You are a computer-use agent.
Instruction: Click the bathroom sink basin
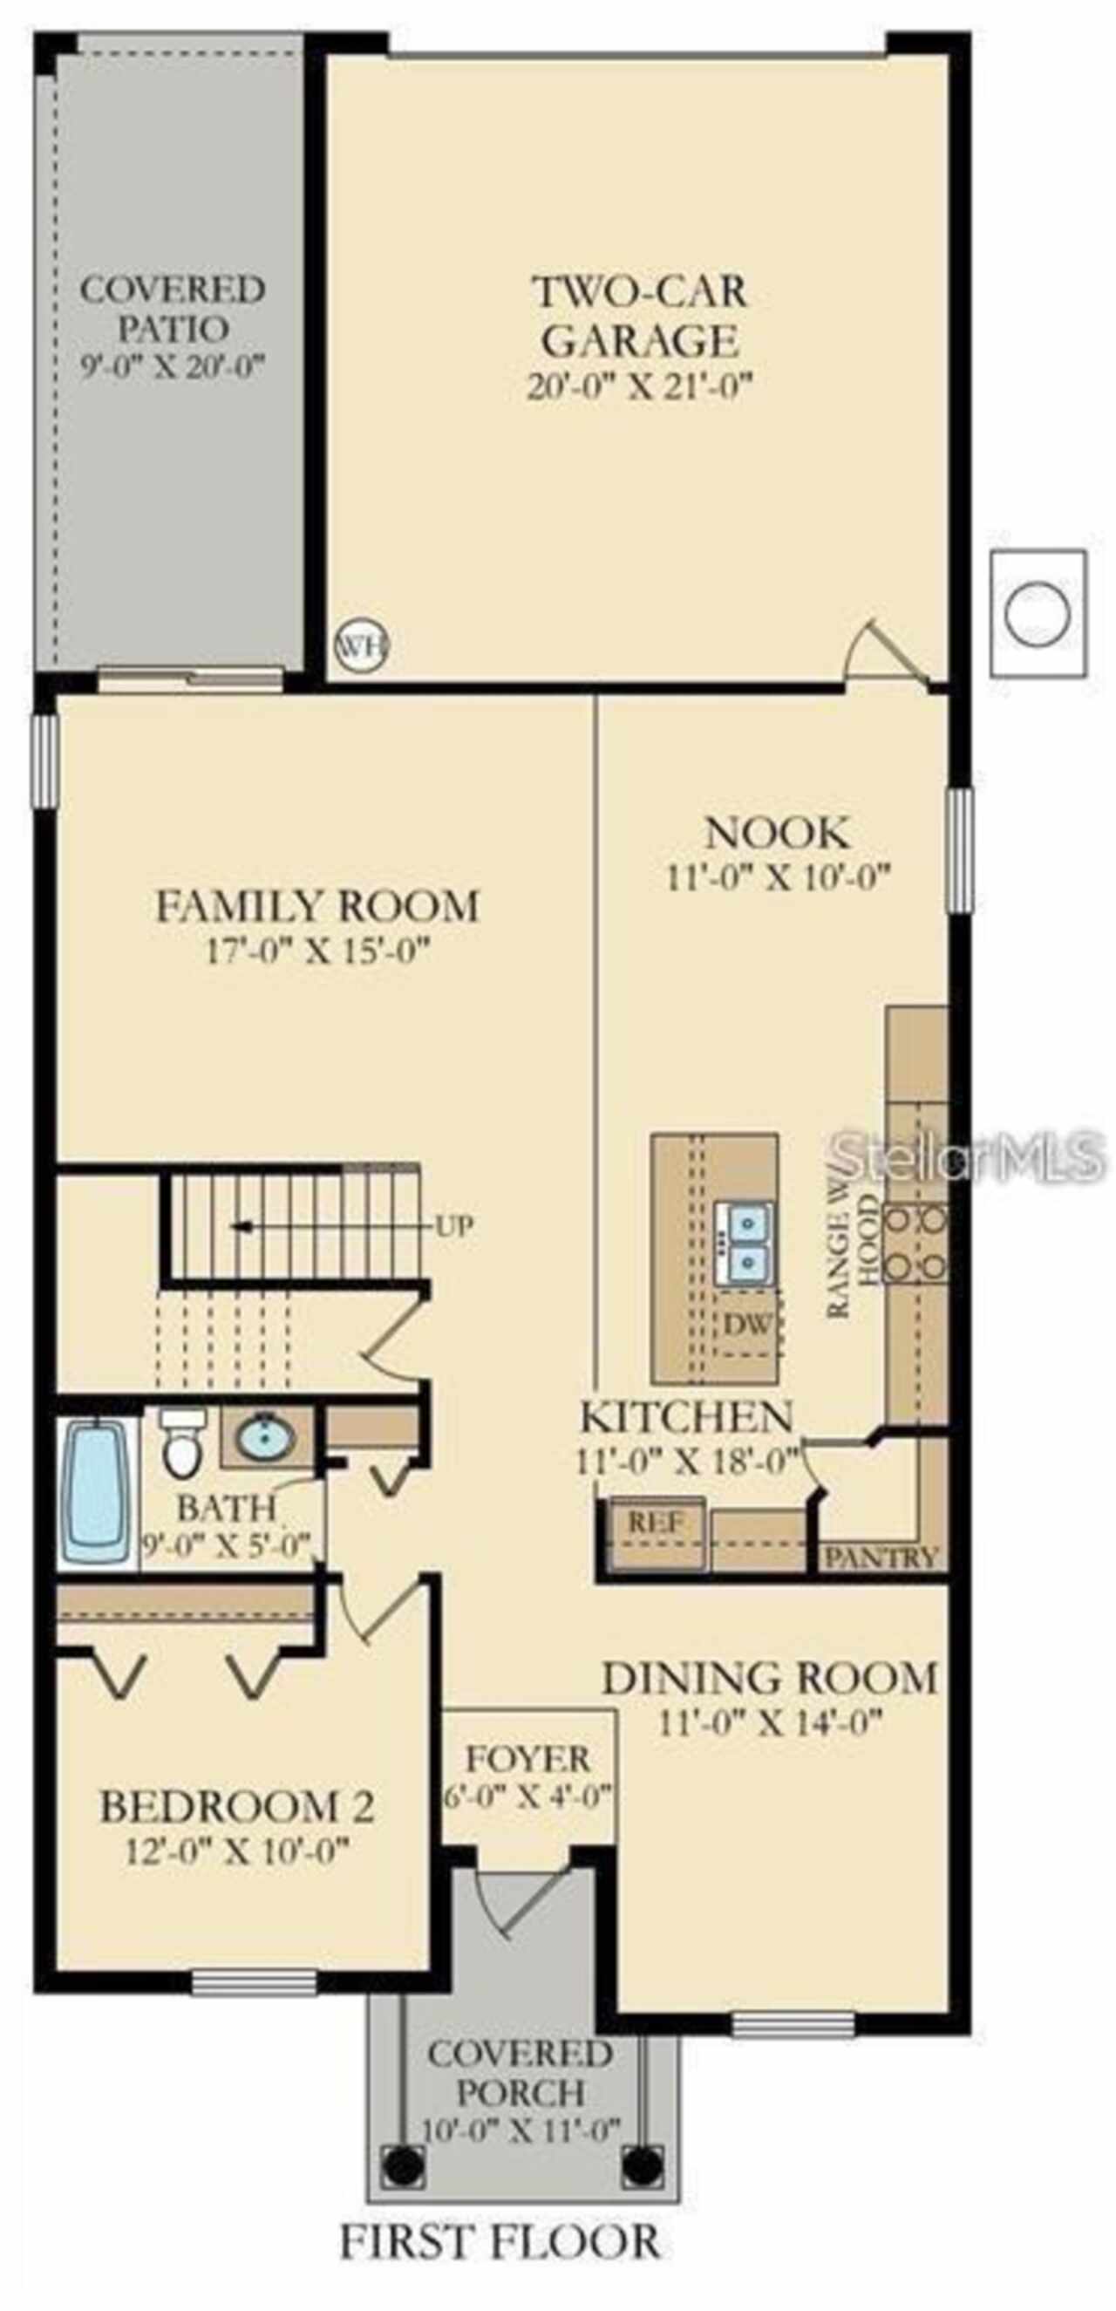(266, 1437)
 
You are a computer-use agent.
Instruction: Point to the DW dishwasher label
(746, 1324)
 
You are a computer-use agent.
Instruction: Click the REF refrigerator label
(656, 1522)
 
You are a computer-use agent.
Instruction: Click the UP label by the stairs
(454, 1225)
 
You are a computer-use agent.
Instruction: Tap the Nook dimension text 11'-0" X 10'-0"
(777, 876)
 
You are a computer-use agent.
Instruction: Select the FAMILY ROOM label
(317, 905)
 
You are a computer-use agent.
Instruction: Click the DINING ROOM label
(769, 1678)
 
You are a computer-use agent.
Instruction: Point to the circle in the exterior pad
(1037, 613)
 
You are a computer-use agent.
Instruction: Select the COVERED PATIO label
(173, 309)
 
